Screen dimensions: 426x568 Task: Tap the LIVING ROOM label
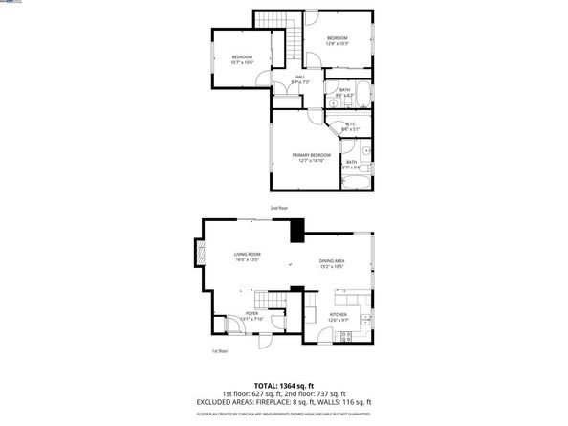click(x=249, y=257)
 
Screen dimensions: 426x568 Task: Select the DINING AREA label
click(x=332, y=264)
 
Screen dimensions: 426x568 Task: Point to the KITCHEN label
click(x=339, y=317)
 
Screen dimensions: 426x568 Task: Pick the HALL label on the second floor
click(x=300, y=79)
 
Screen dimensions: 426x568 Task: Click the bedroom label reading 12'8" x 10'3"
click(x=339, y=41)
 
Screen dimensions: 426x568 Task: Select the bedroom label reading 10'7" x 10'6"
click(x=241, y=60)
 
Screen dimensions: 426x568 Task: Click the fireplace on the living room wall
click(x=200, y=254)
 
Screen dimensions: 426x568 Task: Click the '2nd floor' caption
click(x=278, y=208)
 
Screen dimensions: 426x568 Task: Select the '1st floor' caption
click(x=220, y=351)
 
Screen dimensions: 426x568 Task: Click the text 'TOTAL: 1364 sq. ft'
click(x=284, y=384)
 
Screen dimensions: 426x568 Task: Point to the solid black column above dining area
click(x=296, y=231)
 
